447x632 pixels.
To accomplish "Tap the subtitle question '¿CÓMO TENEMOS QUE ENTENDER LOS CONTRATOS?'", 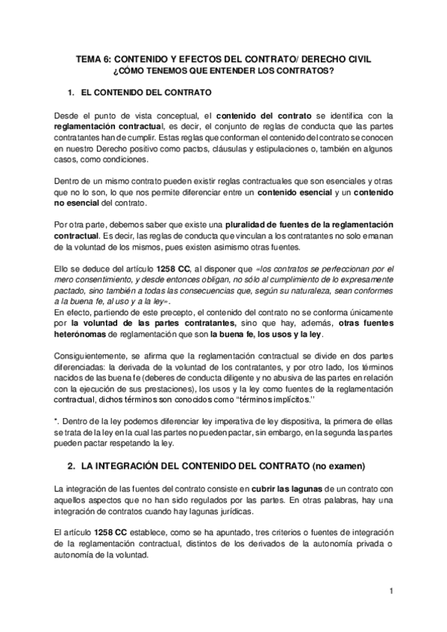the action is click(x=223, y=70).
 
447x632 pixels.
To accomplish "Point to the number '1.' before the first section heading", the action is click(x=72, y=93).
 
